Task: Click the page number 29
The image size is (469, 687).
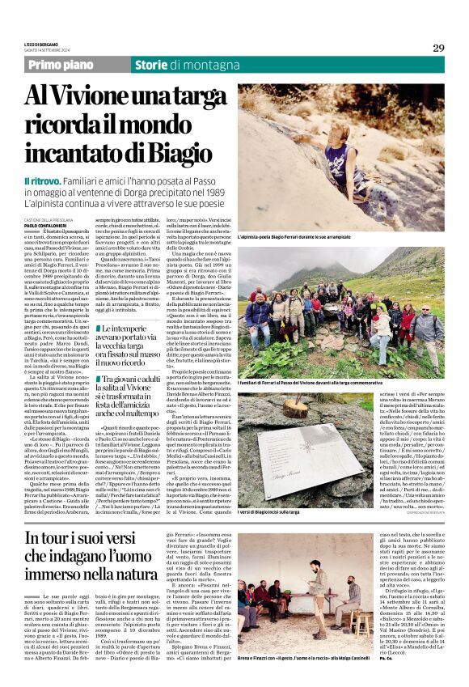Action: (438, 48)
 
